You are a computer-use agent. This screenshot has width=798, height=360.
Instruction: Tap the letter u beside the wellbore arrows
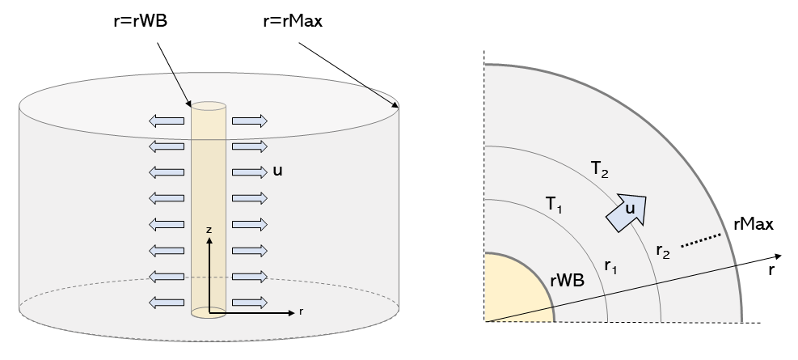(278, 172)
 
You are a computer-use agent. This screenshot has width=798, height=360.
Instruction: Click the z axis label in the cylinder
(209, 231)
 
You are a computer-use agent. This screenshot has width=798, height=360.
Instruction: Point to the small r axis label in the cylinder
(302, 310)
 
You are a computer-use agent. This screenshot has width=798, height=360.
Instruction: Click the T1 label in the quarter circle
(554, 205)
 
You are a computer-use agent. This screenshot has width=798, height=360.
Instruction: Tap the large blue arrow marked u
(627, 210)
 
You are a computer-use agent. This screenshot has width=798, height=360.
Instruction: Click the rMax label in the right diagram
(753, 223)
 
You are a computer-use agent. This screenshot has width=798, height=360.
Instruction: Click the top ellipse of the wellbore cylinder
(208, 106)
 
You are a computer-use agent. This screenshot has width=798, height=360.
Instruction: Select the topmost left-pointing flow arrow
(167, 121)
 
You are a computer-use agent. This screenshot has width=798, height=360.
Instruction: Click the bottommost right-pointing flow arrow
(249, 303)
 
